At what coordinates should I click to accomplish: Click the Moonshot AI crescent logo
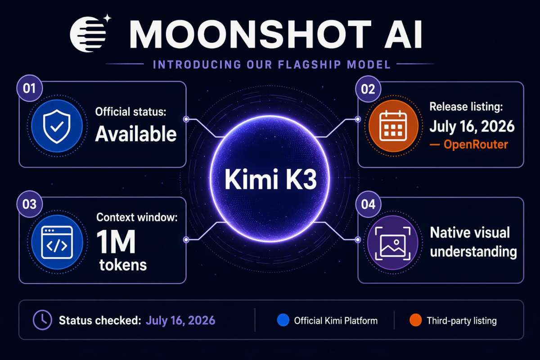(88, 34)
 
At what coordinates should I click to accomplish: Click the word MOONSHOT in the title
(251, 34)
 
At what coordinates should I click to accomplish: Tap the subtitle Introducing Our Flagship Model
(272, 64)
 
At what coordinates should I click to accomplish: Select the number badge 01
(29, 88)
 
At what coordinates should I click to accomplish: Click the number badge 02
(368, 89)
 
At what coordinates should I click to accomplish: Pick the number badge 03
(29, 204)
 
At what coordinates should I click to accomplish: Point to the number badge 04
(368, 204)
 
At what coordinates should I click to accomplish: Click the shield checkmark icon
(57, 126)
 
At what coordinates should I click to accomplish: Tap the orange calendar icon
(393, 126)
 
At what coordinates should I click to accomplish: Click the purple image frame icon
(393, 243)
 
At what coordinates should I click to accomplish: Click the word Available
(136, 134)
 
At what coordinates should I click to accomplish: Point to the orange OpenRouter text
(476, 144)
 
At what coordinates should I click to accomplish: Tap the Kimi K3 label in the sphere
(270, 180)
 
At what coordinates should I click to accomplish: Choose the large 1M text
(116, 241)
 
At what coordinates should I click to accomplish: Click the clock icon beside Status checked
(42, 320)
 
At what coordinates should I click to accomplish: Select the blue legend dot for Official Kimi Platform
(283, 320)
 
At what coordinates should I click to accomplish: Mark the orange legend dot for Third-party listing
(416, 320)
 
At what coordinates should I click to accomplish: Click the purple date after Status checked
(180, 320)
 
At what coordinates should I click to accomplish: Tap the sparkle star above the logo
(107, 18)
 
